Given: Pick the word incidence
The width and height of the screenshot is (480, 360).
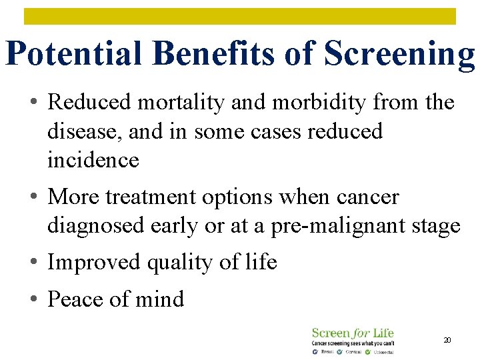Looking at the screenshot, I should (x=93, y=160).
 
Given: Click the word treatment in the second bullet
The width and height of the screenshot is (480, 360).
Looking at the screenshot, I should (x=163, y=197).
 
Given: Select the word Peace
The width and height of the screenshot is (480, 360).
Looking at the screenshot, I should (x=76, y=299).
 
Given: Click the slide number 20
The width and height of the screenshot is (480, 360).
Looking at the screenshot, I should (x=447, y=341).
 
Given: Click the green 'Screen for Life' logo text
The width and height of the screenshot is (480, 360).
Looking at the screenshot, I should (x=353, y=333).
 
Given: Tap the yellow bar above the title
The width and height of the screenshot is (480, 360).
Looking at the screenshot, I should (x=240, y=16).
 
